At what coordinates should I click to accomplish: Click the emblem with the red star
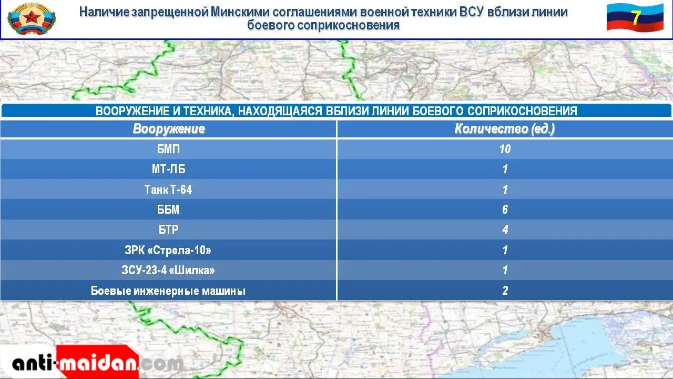[32, 18]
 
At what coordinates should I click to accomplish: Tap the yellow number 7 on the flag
[636, 18]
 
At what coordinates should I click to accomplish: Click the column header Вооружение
[169, 129]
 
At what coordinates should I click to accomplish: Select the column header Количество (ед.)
[504, 129]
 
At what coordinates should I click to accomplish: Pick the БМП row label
[168, 149]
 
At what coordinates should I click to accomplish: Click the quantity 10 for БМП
[505, 149]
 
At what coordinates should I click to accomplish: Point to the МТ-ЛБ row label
[168, 169]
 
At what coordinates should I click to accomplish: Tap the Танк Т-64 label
[168, 189]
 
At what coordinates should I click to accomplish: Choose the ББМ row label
[168, 210]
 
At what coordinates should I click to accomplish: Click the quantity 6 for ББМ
[505, 210]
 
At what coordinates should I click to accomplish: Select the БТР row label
[168, 230]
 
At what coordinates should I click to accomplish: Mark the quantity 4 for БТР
[505, 230]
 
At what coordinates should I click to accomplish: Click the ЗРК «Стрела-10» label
[168, 250]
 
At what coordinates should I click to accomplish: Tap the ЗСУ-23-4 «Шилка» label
[168, 270]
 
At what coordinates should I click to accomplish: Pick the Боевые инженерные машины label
[168, 291]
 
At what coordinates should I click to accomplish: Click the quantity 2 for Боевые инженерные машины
[505, 291]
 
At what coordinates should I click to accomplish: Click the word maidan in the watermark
[98, 363]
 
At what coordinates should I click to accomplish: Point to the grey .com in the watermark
[161, 364]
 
